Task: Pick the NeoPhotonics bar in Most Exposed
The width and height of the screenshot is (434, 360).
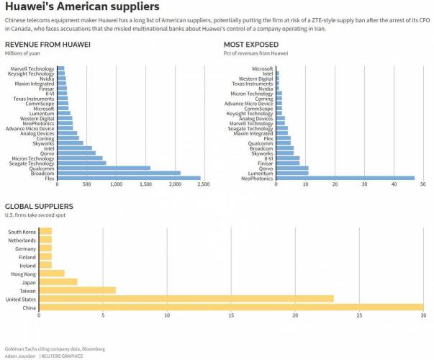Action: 345,178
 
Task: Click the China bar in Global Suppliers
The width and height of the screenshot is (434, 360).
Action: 231,307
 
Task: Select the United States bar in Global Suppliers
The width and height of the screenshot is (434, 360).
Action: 186,298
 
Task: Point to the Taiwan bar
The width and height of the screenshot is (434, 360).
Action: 77,289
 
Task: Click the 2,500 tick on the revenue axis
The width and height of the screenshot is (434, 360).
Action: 203,185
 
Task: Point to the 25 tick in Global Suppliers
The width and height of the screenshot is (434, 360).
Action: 359,315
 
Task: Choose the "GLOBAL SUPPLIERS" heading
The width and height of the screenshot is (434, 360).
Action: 39,207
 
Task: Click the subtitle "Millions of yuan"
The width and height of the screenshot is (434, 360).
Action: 24,53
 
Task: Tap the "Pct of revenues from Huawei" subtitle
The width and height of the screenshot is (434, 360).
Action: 256,53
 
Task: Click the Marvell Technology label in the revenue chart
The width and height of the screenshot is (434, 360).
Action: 31,68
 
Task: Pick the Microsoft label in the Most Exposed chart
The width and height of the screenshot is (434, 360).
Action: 258,68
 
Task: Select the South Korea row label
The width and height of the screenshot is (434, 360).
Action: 22,232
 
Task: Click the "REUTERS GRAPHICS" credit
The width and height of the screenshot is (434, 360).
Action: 62,356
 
